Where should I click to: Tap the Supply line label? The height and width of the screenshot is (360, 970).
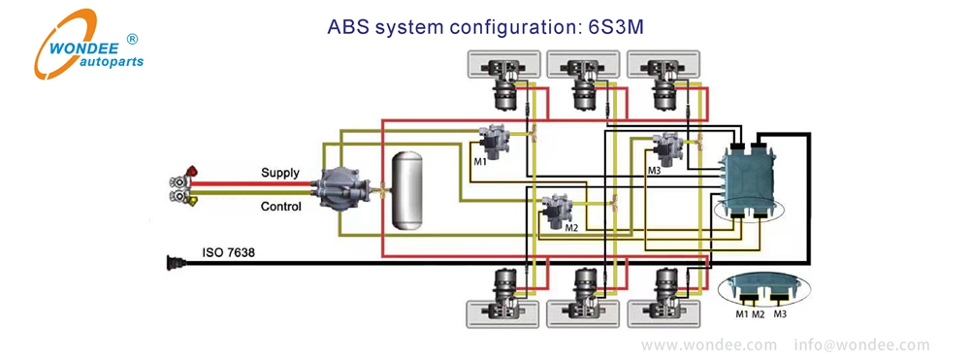point(280,173)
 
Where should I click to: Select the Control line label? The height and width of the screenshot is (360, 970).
point(280,207)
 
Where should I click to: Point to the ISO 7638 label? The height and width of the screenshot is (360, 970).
point(228,254)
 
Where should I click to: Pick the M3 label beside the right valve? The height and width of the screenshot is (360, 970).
point(653,171)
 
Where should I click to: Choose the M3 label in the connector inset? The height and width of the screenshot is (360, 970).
point(780,313)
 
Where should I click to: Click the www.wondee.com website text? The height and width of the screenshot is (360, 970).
point(709,344)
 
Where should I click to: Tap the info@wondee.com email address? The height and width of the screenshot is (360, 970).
point(861,344)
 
